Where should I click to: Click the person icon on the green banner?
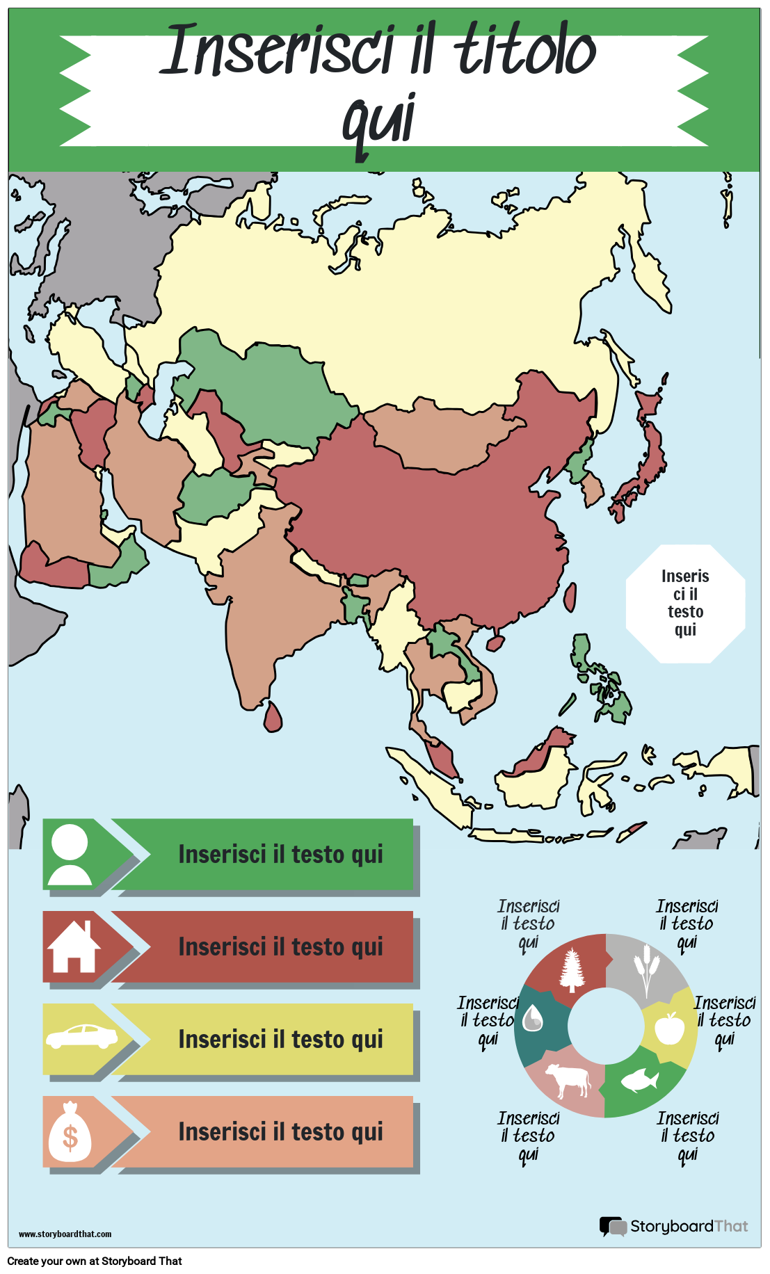pos(70,854)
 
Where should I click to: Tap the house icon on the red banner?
pos(74,947)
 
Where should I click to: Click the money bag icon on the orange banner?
pos(70,1132)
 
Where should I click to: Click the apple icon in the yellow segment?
pos(670,1027)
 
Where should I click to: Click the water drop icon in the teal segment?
pos(534,1019)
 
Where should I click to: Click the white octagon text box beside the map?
pos(685,603)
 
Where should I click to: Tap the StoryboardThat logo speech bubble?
pos(612,1226)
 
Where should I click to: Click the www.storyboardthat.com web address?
pos(65,1234)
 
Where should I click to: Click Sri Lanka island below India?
pos(273,717)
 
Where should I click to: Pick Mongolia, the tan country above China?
pos(438,435)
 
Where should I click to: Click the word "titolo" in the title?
pos(525,50)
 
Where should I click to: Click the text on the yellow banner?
pos(280,1039)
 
